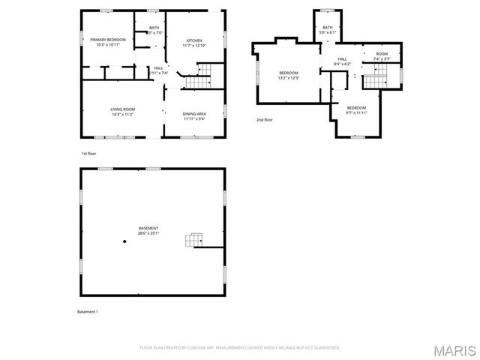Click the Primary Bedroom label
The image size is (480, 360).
tap(107, 42)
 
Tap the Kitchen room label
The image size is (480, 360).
tap(193, 42)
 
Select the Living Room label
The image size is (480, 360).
tap(122, 112)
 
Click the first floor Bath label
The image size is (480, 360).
tap(154, 31)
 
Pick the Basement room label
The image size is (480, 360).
tap(148, 230)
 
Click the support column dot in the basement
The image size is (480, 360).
tap(125, 241)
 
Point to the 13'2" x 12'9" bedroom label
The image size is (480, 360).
tap(289, 75)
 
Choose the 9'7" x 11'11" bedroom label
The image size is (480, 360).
tap(357, 109)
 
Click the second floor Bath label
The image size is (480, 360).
tap(328, 30)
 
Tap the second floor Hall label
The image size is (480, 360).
tap(342, 61)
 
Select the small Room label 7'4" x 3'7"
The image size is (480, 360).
tap(382, 56)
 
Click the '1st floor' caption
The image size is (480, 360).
tap(88, 153)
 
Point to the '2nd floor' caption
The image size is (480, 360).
tap(265, 120)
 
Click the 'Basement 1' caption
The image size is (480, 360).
tap(88, 311)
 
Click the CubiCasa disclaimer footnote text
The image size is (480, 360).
tap(240, 347)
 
